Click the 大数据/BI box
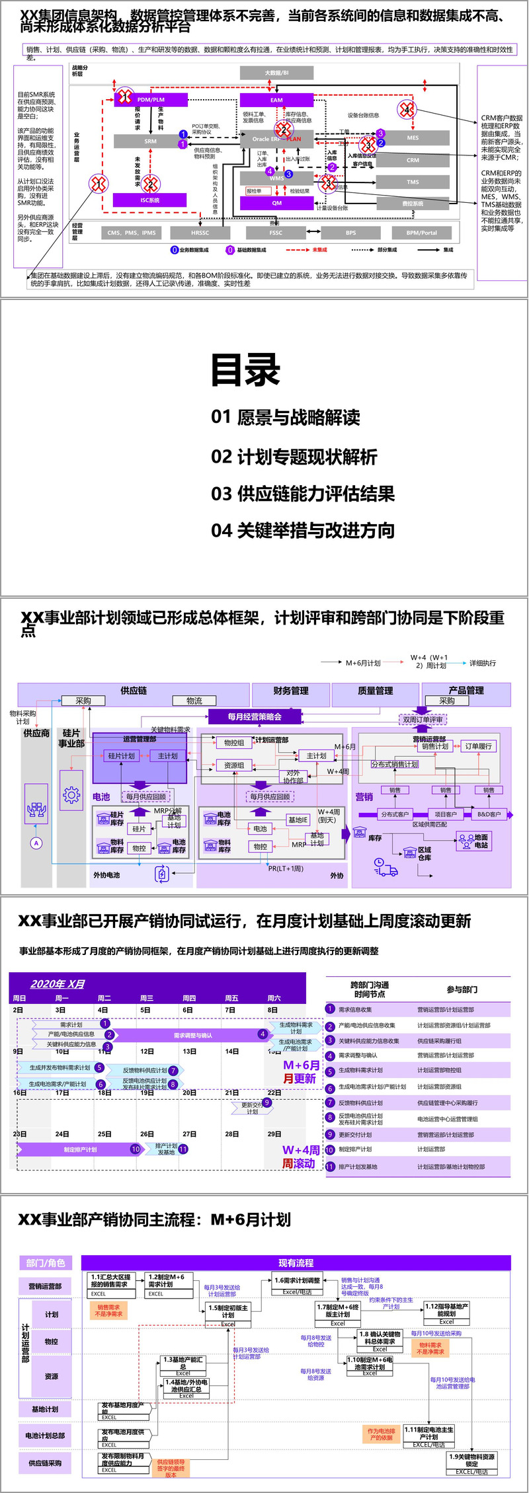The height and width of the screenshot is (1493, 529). click(276, 73)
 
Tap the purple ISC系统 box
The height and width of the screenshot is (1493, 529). click(150, 200)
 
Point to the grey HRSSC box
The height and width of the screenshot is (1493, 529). click(200, 233)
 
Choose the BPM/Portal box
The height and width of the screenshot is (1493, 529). click(422, 233)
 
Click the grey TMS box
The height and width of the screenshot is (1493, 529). click(413, 182)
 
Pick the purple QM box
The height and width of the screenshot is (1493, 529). click(276, 203)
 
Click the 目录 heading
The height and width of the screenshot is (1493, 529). click(245, 370)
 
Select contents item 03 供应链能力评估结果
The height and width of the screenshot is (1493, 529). click(303, 494)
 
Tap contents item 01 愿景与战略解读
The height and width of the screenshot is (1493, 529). click(286, 417)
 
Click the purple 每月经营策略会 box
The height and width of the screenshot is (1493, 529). click(255, 716)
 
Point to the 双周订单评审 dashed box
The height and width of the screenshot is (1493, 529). click(423, 719)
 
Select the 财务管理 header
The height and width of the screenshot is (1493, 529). click(291, 691)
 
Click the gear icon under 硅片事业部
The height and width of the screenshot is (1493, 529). click(71, 795)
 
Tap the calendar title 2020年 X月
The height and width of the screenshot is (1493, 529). click(58, 983)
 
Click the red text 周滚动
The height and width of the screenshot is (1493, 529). click(299, 1163)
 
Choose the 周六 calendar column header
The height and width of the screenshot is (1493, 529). click(274, 998)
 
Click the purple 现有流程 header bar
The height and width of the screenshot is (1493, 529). click(296, 1262)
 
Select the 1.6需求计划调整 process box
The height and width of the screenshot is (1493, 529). click(298, 1280)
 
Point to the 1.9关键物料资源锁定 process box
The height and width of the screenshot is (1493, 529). click(471, 1460)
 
